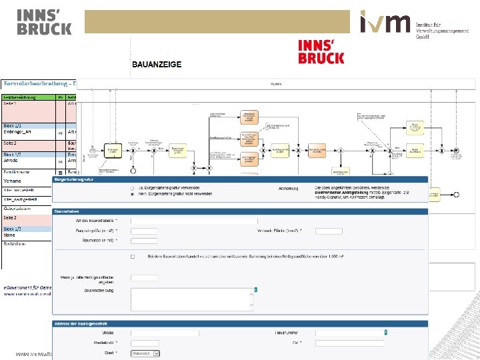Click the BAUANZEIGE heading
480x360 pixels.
[157, 65]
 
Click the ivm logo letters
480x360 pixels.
[385, 23]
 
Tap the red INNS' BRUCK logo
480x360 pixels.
[321, 51]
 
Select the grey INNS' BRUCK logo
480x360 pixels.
[44, 22]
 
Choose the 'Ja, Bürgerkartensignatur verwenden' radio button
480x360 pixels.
[132, 189]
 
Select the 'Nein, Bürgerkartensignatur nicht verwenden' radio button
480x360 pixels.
[132, 194]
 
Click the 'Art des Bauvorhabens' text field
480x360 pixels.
[194, 221]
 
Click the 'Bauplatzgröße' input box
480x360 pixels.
[144, 231]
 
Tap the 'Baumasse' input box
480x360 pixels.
[144, 241]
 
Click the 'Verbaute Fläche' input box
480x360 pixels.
[329, 231]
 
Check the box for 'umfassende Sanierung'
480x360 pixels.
[133, 256]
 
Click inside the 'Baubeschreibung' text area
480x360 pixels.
[193, 299]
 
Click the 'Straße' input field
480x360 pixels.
[165, 332]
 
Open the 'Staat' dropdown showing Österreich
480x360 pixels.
[145, 353]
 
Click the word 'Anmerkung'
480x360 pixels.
[288, 189]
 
